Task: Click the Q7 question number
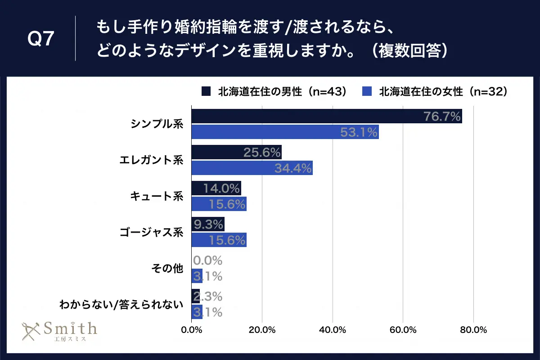pos(41,40)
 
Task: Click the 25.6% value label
pos(262,153)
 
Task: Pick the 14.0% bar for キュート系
pos(216,189)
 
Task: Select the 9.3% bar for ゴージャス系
pos(207,224)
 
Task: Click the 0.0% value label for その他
pos(208,261)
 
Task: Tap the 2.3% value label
pos(208,297)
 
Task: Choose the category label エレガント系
pos(152,160)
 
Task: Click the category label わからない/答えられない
pos(121,304)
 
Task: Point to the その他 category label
pos(167,269)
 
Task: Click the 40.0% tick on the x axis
pos(332,330)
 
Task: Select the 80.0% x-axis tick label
pos(473,330)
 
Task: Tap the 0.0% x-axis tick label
pos(192,330)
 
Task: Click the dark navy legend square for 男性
pos(206,92)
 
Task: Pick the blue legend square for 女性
pos(367,92)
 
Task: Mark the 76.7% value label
pos(442,117)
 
